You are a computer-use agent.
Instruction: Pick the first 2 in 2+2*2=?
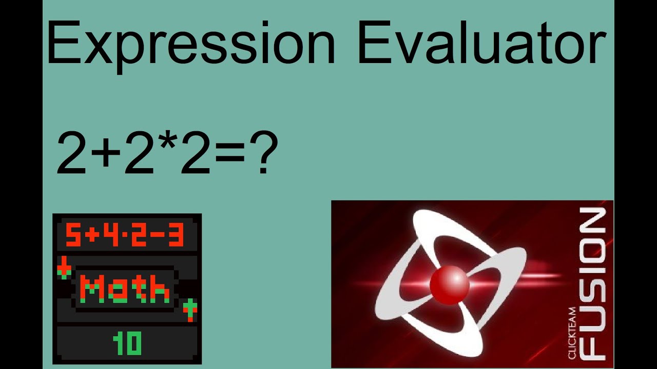click(72, 153)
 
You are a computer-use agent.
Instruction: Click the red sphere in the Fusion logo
click(449, 284)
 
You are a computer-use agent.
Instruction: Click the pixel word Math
click(126, 289)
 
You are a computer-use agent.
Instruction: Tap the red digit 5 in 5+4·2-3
click(73, 235)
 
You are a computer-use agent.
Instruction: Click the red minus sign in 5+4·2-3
click(154, 236)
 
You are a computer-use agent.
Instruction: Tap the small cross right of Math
click(190, 309)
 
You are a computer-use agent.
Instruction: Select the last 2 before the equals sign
click(195, 153)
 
